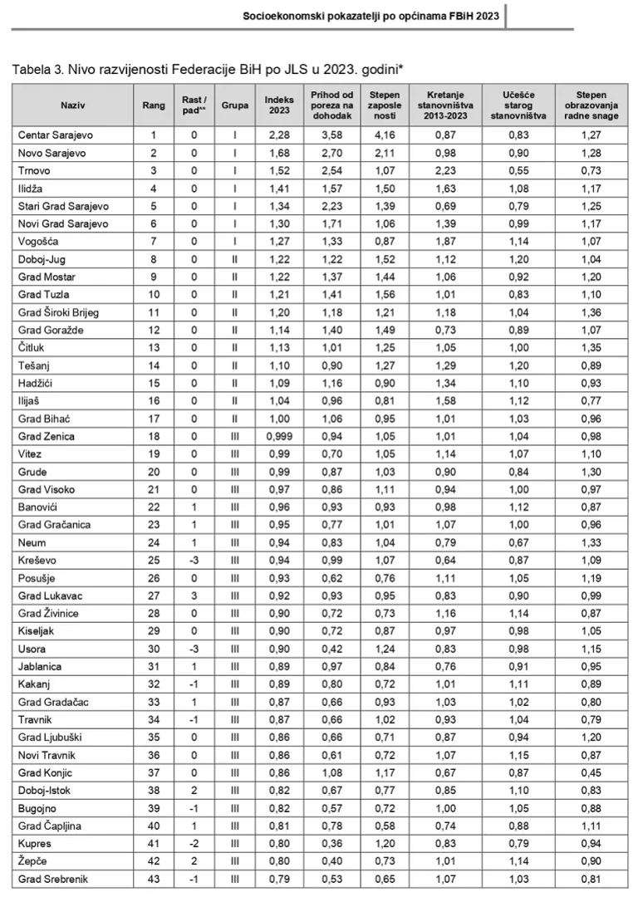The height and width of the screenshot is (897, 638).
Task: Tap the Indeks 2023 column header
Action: click(x=279, y=105)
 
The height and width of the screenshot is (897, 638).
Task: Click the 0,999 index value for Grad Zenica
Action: click(x=279, y=436)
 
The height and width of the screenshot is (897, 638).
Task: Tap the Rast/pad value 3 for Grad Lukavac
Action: click(x=193, y=596)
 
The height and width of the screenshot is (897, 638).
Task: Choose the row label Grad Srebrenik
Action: click(x=52, y=879)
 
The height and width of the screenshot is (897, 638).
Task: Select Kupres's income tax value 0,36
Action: click(x=332, y=843)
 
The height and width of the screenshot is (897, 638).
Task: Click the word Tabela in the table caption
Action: click(x=31, y=69)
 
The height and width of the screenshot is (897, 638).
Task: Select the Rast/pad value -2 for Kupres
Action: click(x=193, y=843)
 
